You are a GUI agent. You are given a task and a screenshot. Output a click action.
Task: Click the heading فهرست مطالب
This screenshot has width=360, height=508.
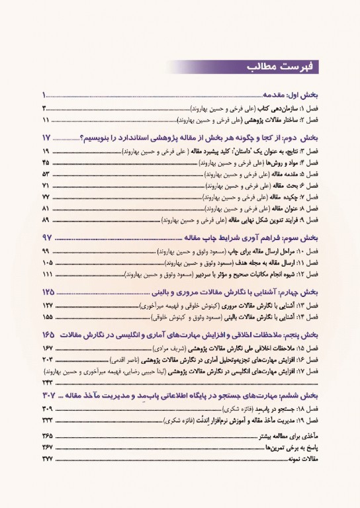pyautogui.click(x=277, y=67)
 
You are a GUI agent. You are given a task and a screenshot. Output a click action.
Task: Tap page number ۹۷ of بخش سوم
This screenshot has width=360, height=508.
pyautogui.click(x=50, y=237)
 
